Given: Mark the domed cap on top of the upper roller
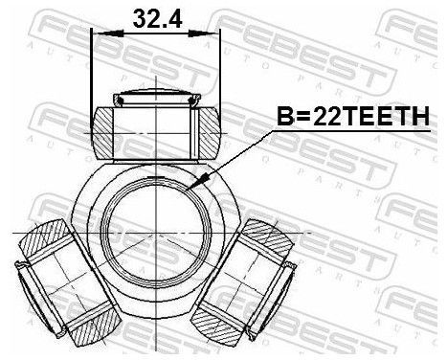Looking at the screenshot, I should [x=155, y=97].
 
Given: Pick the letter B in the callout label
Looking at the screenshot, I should [x=283, y=117].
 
